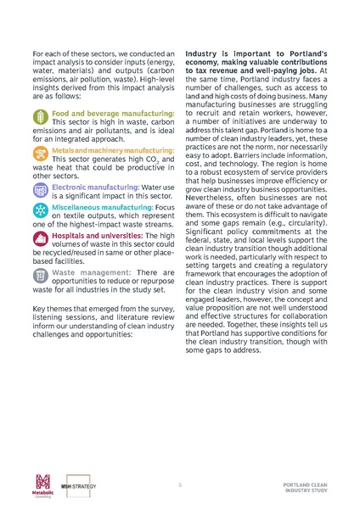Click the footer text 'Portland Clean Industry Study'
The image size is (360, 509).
pos(306,488)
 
